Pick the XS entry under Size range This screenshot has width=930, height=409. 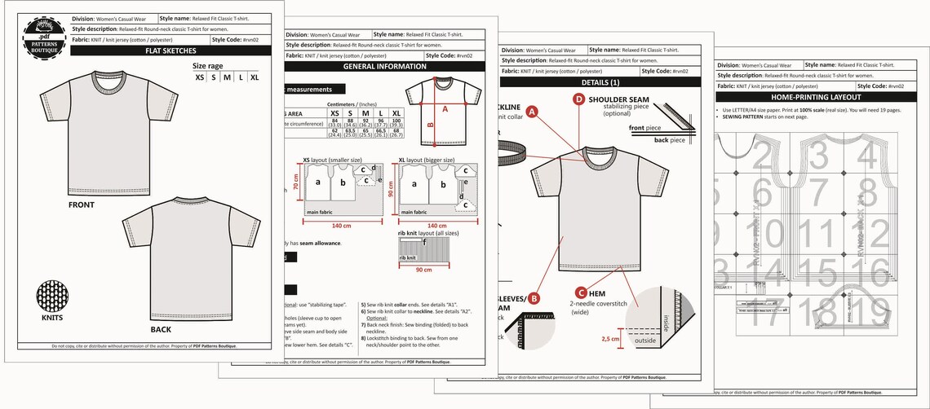[200, 77]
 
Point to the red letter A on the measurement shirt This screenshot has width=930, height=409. [445, 108]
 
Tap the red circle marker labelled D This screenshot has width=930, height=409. [579, 100]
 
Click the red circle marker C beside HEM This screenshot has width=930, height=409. [580, 292]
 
